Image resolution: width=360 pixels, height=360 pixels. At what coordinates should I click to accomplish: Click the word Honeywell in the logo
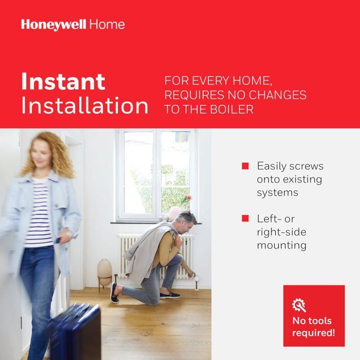(x=54, y=24)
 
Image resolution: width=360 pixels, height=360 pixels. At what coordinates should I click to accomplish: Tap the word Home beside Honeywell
(x=107, y=24)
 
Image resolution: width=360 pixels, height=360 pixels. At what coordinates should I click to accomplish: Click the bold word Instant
(x=63, y=82)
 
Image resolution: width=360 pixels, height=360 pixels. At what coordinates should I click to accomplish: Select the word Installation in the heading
(x=85, y=106)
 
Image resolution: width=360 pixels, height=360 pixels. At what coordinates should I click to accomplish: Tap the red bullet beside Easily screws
(x=245, y=166)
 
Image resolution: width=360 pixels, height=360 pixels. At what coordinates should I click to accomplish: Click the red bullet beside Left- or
(x=245, y=219)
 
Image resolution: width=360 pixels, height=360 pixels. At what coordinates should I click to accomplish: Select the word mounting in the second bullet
(x=281, y=245)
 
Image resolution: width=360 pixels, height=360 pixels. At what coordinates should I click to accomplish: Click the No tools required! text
(x=314, y=327)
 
